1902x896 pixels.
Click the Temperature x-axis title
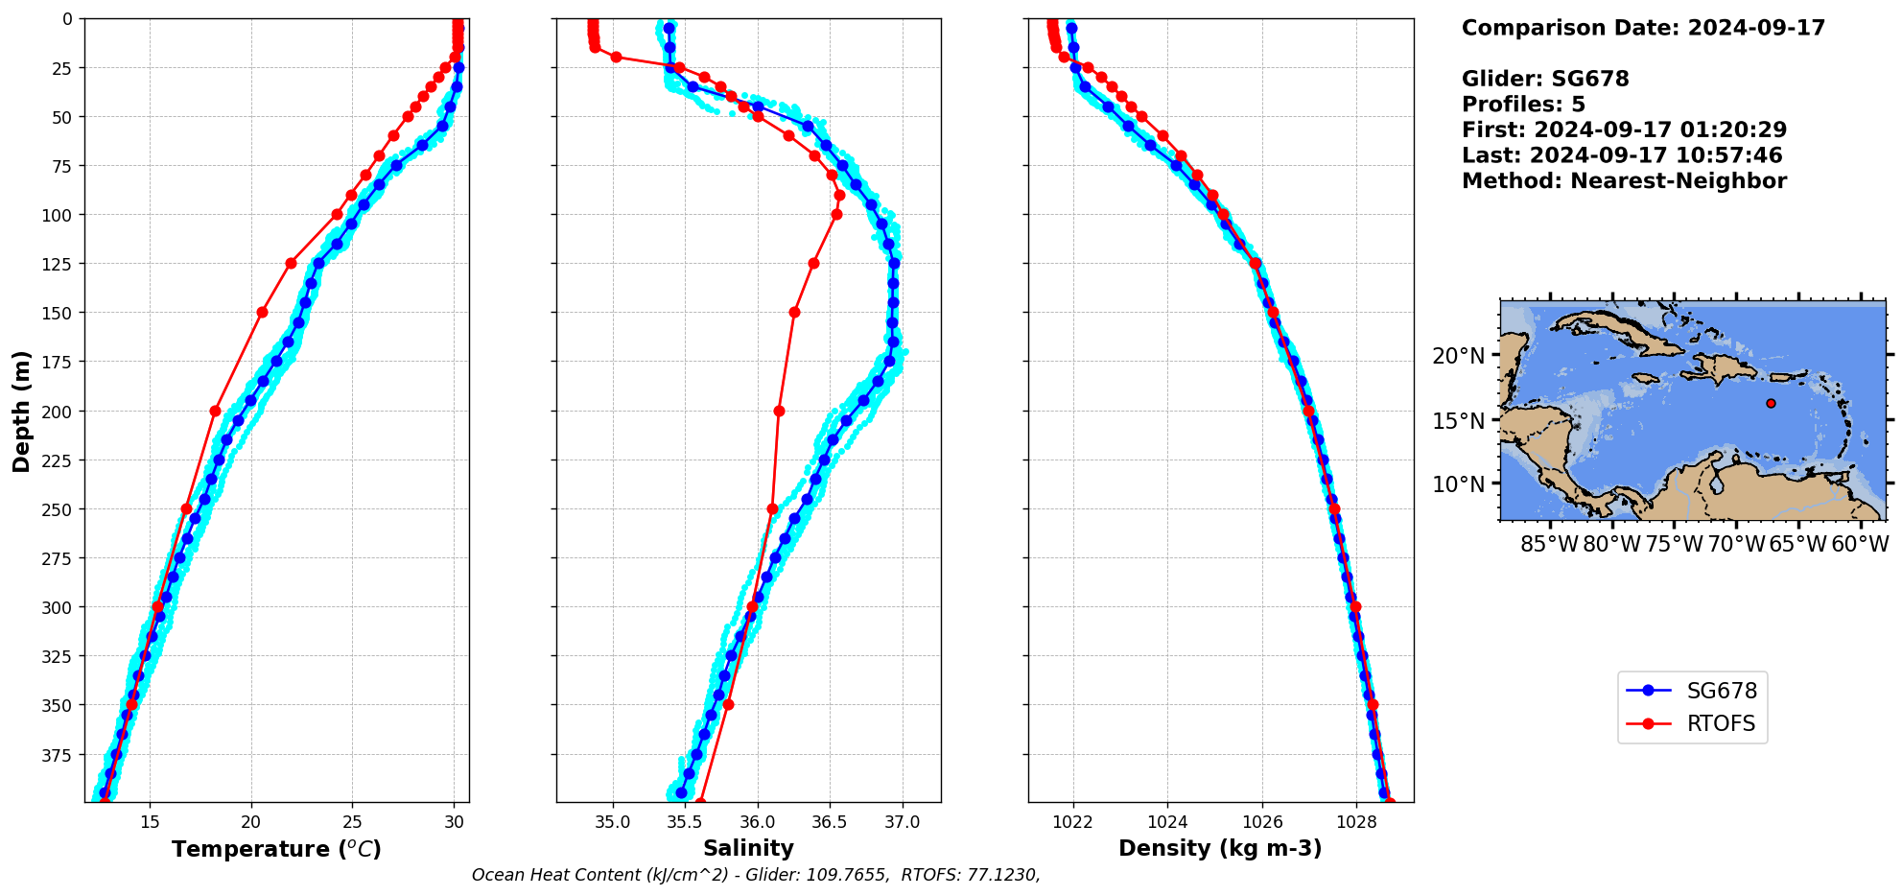(x=276, y=849)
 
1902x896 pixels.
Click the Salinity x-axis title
(x=748, y=848)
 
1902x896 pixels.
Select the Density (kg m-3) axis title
(x=1220, y=848)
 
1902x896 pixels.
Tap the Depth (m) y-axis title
(x=21, y=411)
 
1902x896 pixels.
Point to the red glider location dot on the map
(x=1771, y=403)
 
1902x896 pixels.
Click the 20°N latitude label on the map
(x=1458, y=356)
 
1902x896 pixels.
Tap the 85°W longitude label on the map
(x=1549, y=545)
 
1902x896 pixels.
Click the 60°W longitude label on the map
(x=1860, y=545)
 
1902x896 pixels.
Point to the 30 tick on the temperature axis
(x=455, y=822)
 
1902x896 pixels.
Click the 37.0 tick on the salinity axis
(x=902, y=822)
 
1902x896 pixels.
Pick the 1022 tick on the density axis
(x=1072, y=822)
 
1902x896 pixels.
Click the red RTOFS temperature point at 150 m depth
(x=262, y=312)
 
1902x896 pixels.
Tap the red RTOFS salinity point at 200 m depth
(x=779, y=411)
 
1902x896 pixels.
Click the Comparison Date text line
(x=1643, y=28)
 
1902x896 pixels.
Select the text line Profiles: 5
(x=1523, y=105)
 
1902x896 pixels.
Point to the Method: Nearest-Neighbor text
(x=1624, y=181)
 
